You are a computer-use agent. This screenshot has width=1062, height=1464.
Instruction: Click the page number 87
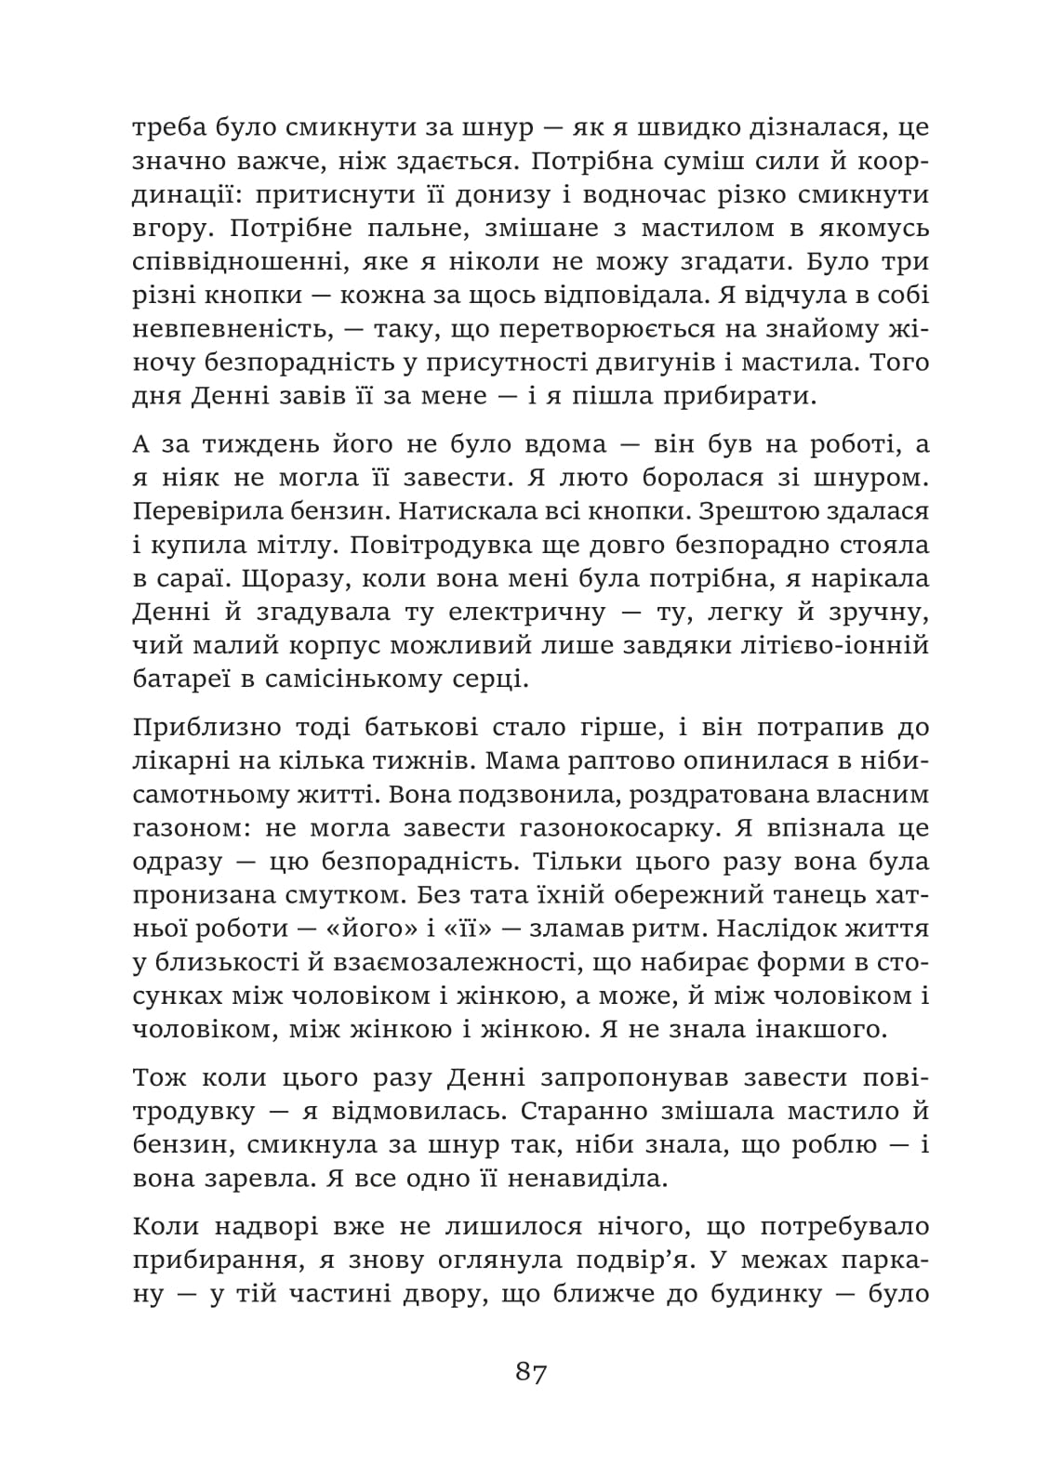(x=531, y=1371)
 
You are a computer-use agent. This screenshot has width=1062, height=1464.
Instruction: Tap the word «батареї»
(x=176, y=679)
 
